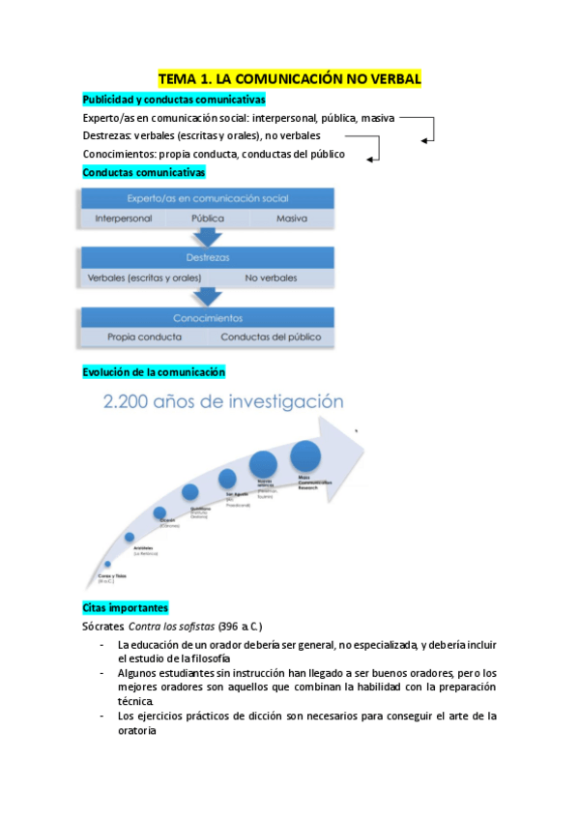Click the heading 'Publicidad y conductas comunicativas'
(174, 100)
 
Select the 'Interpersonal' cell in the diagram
(123, 219)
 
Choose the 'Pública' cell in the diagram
(208, 219)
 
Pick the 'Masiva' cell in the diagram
(292, 219)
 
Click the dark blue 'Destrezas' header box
(207, 258)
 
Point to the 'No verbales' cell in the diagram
(271, 278)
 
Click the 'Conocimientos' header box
(207, 317)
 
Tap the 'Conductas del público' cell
(271, 337)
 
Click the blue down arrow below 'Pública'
(207, 237)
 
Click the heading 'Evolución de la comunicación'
(154, 371)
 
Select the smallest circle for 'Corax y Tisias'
(107, 564)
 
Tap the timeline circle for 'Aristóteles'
(130, 537)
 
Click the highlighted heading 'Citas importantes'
(126, 607)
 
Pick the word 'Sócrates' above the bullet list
(103, 627)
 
